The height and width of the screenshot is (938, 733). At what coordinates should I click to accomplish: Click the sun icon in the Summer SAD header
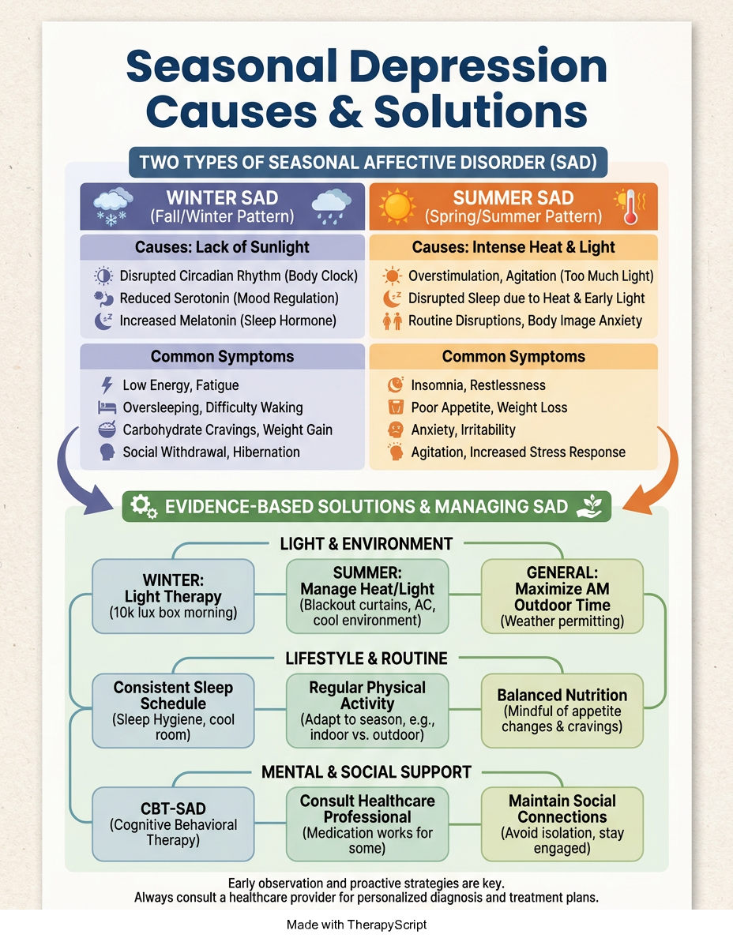point(397,206)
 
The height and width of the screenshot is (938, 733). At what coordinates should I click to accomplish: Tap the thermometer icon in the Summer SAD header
point(630,207)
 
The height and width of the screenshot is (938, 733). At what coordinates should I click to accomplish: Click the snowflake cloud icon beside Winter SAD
point(114,207)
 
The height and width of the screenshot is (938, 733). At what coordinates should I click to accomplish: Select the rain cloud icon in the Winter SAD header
point(332,206)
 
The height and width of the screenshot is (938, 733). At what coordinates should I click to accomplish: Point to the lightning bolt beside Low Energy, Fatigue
point(107,385)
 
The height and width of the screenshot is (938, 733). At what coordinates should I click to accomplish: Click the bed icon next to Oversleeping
point(107,407)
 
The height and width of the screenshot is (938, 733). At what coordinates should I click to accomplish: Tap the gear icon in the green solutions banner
point(144,506)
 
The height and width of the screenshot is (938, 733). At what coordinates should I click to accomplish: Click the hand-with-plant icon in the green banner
point(588,506)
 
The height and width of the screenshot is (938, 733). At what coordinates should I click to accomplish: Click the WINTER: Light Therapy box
point(173,596)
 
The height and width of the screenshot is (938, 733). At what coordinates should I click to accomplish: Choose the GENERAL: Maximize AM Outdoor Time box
point(562,596)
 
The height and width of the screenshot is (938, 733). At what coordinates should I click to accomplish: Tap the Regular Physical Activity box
point(367,711)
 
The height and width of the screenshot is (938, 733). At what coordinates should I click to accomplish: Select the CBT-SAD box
point(173,824)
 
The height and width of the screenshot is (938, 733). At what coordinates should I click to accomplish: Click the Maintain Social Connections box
point(562,824)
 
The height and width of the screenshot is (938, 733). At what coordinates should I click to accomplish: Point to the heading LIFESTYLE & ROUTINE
point(366,658)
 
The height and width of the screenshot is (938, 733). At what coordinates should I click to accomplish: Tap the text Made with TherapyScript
point(357,925)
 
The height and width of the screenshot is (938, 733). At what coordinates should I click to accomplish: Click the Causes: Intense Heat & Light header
point(513,247)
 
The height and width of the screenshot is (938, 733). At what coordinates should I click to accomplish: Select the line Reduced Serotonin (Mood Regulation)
point(229,298)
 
